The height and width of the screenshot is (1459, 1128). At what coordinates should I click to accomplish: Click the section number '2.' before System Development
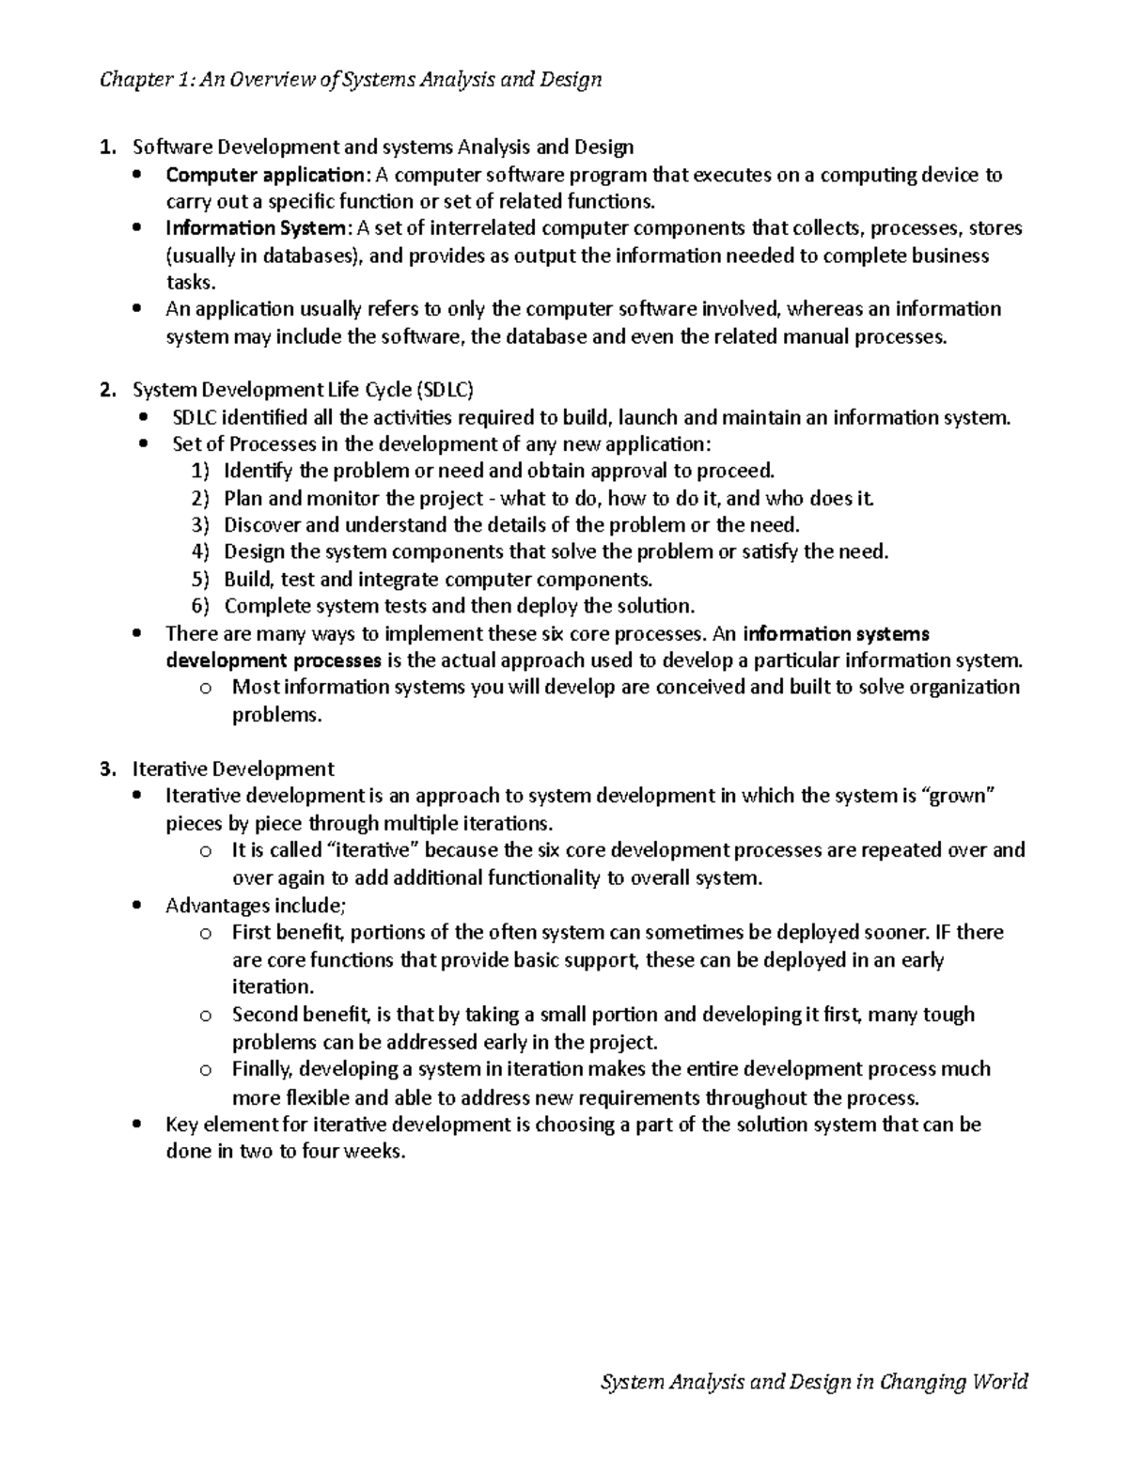(109, 390)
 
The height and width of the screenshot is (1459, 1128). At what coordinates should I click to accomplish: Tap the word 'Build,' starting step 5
(249, 579)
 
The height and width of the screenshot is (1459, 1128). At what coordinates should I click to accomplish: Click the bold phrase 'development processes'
(274, 660)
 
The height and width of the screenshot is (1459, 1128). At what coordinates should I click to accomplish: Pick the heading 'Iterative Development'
(233, 768)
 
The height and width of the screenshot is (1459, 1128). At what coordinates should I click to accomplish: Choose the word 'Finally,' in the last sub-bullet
(263, 1069)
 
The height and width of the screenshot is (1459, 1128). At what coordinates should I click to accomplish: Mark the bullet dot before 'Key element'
(139, 1125)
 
